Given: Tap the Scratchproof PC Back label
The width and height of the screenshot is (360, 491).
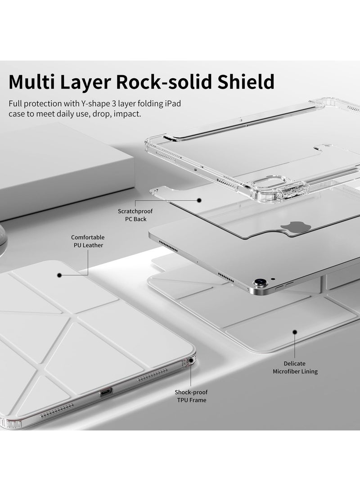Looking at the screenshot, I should [x=132, y=215].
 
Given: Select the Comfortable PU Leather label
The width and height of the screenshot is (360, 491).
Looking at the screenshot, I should [x=87, y=241].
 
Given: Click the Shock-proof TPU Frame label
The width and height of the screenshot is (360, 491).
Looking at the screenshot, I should [x=191, y=396].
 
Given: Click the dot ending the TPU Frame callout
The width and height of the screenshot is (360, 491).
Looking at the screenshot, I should [x=191, y=360].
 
